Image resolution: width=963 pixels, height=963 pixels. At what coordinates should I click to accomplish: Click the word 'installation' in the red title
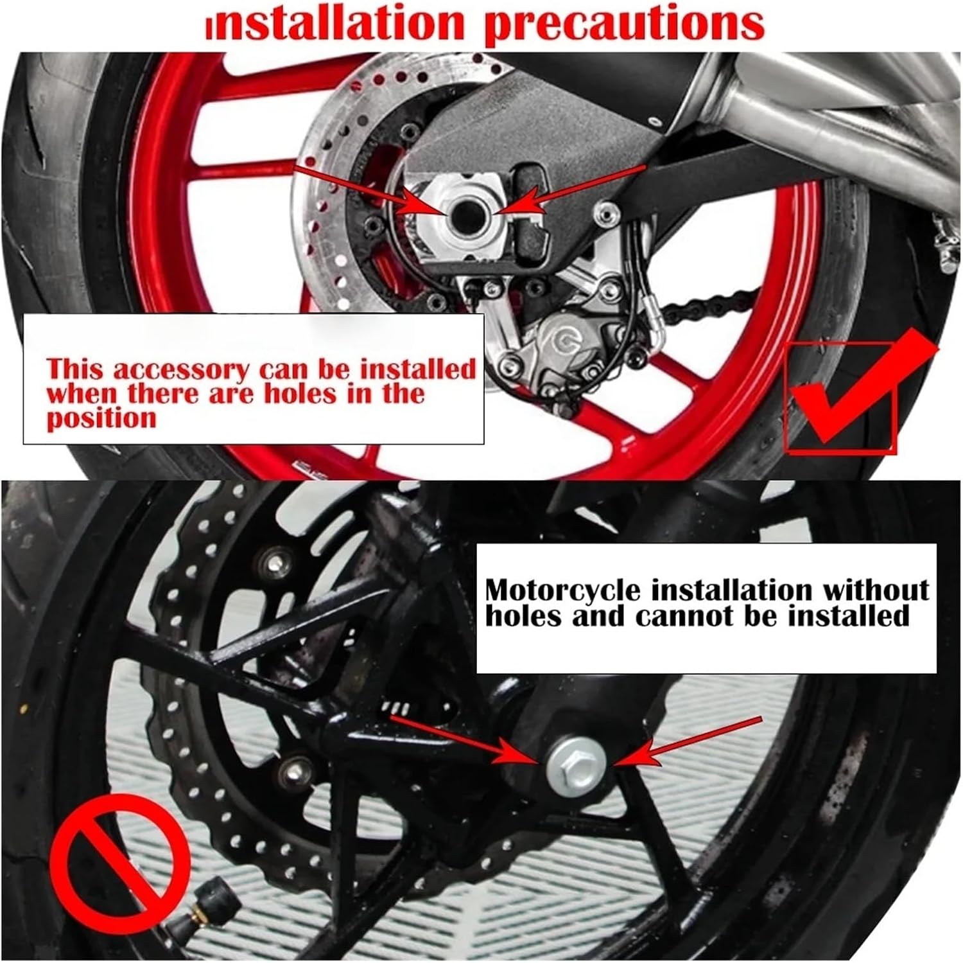click(334, 24)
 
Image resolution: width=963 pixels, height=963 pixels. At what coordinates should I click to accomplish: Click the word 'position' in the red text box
click(101, 419)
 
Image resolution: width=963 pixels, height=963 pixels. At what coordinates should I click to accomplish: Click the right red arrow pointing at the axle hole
click(571, 186)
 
